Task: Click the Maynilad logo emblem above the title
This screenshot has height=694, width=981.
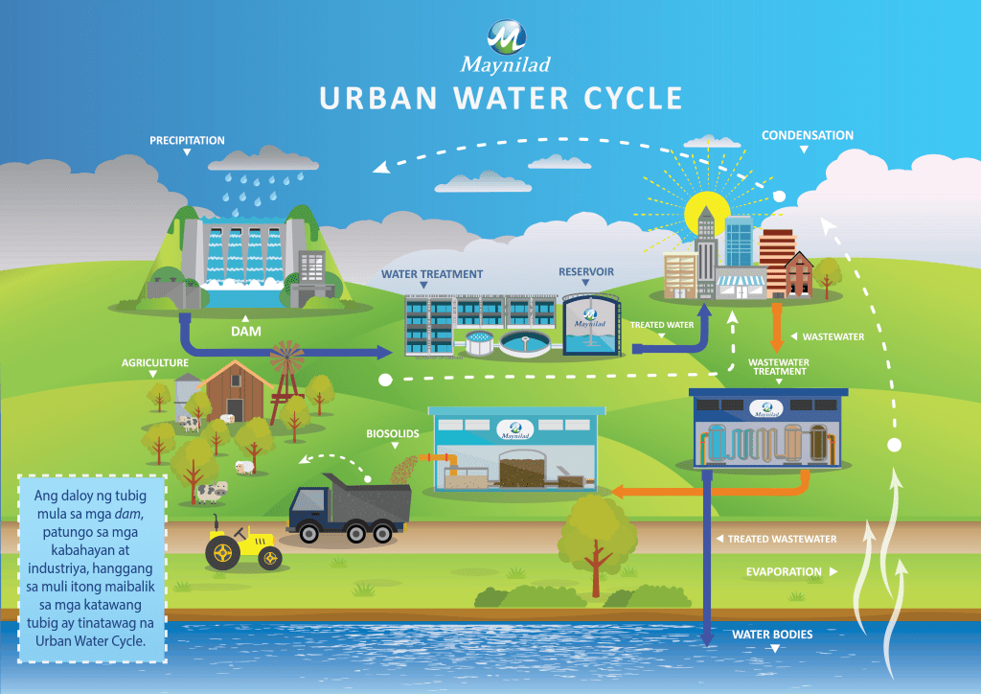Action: tap(506, 37)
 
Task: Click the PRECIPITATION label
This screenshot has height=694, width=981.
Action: tap(187, 141)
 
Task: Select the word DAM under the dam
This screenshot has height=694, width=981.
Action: tap(246, 331)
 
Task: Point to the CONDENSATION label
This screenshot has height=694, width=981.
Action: tap(807, 135)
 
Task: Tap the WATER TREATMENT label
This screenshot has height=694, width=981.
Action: tap(432, 274)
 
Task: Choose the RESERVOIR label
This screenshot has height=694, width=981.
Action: tap(586, 271)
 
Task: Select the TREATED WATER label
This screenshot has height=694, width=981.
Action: tap(662, 325)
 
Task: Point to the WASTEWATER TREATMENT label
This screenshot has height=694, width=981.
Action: tap(778, 368)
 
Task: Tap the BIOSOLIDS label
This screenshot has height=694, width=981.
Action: tap(393, 433)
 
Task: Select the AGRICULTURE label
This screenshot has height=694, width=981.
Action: tap(155, 364)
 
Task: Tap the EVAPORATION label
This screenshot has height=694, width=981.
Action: tap(784, 572)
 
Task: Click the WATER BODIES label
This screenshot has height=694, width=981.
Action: tap(772, 635)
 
